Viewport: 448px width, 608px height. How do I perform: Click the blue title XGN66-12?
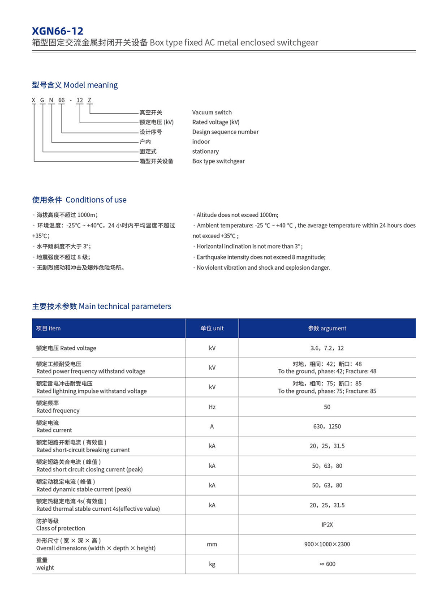click(x=57, y=31)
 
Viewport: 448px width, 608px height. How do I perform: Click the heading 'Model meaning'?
click(x=90, y=85)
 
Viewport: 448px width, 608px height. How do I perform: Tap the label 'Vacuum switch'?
click(x=212, y=112)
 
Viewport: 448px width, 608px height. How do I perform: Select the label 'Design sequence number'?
click(x=225, y=132)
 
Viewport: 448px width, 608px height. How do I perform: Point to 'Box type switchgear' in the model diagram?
click(x=218, y=161)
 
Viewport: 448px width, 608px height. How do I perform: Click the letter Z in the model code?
click(x=90, y=100)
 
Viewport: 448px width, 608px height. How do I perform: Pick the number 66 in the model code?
click(x=61, y=100)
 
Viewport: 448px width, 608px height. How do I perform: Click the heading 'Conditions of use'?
click(x=96, y=200)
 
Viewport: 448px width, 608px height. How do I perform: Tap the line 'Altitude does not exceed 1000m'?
click(x=237, y=215)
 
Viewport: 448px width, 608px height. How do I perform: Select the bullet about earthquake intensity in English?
click(x=261, y=257)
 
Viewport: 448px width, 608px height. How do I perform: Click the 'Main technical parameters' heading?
click(x=125, y=306)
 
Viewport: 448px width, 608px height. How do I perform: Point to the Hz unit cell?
click(x=212, y=407)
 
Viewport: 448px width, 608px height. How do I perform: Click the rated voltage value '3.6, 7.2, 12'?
click(x=327, y=348)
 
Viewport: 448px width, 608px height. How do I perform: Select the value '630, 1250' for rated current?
click(x=327, y=427)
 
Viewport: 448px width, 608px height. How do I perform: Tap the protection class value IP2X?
click(x=327, y=525)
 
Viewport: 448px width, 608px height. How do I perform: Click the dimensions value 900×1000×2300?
click(x=327, y=544)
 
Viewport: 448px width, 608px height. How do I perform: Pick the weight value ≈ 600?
click(x=327, y=564)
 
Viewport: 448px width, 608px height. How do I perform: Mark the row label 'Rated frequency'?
click(x=58, y=410)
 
